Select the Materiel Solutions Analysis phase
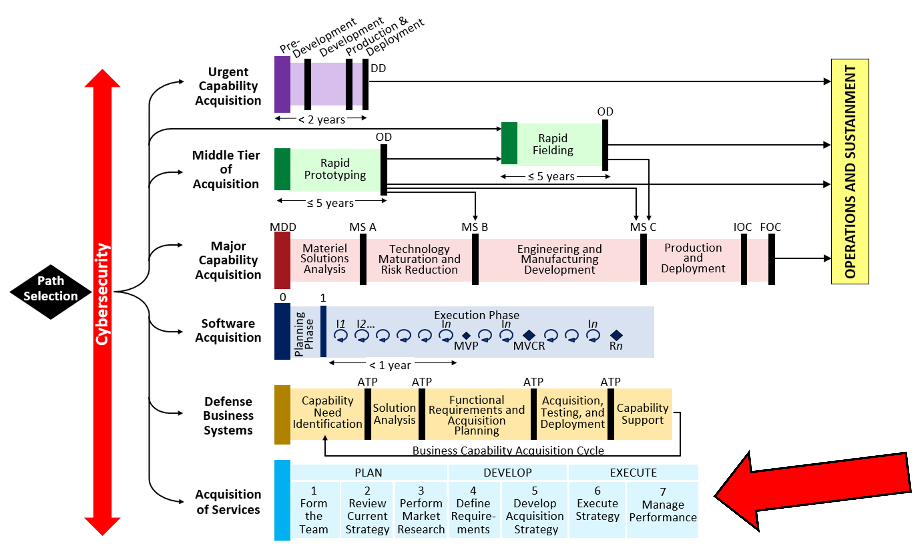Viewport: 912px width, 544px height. tap(324, 259)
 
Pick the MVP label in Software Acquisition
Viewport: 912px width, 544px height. tap(466, 346)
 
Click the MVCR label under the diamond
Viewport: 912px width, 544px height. tap(529, 346)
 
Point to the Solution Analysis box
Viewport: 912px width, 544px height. tap(394, 414)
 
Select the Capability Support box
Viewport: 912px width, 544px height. tap(642, 414)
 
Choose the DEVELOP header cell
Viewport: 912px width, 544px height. tap(507, 473)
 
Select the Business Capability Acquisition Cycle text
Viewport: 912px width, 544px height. tap(508, 450)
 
